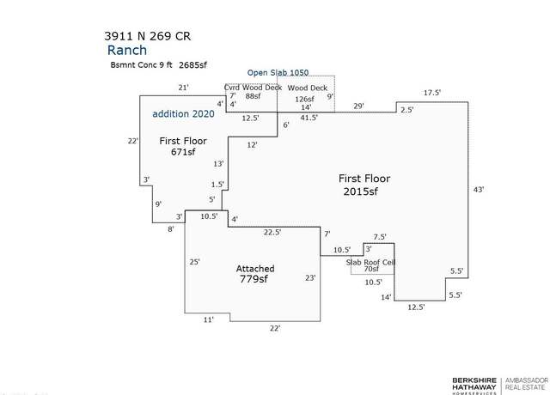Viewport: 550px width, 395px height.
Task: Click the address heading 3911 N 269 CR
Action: [147, 36]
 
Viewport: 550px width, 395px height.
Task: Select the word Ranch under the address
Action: [127, 50]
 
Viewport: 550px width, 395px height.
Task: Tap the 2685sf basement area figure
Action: [192, 65]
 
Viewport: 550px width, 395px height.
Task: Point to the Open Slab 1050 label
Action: [278, 72]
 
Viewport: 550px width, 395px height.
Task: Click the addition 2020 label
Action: [183, 114]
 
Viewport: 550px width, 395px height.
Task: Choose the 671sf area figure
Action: [183, 152]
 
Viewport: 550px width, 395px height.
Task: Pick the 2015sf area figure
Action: [361, 191]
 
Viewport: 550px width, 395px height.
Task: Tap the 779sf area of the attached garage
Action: [254, 279]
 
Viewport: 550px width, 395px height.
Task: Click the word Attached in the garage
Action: [255, 269]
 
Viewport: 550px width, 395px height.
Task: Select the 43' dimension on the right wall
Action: [479, 190]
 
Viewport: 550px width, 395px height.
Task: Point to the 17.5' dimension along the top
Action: [431, 93]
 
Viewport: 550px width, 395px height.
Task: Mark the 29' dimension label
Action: [358, 106]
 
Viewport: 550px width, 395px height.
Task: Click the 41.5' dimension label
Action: [309, 118]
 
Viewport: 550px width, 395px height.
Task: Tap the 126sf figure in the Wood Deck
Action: [304, 100]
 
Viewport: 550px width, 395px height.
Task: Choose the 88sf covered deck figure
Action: [253, 96]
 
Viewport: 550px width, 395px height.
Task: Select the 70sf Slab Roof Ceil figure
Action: [371, 269]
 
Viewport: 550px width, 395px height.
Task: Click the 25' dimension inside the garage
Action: [194, 262]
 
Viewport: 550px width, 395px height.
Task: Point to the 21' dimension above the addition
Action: [183, 88]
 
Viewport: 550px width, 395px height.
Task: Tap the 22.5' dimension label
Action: [272, 233]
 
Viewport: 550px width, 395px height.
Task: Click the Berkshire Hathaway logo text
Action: [474, 384]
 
